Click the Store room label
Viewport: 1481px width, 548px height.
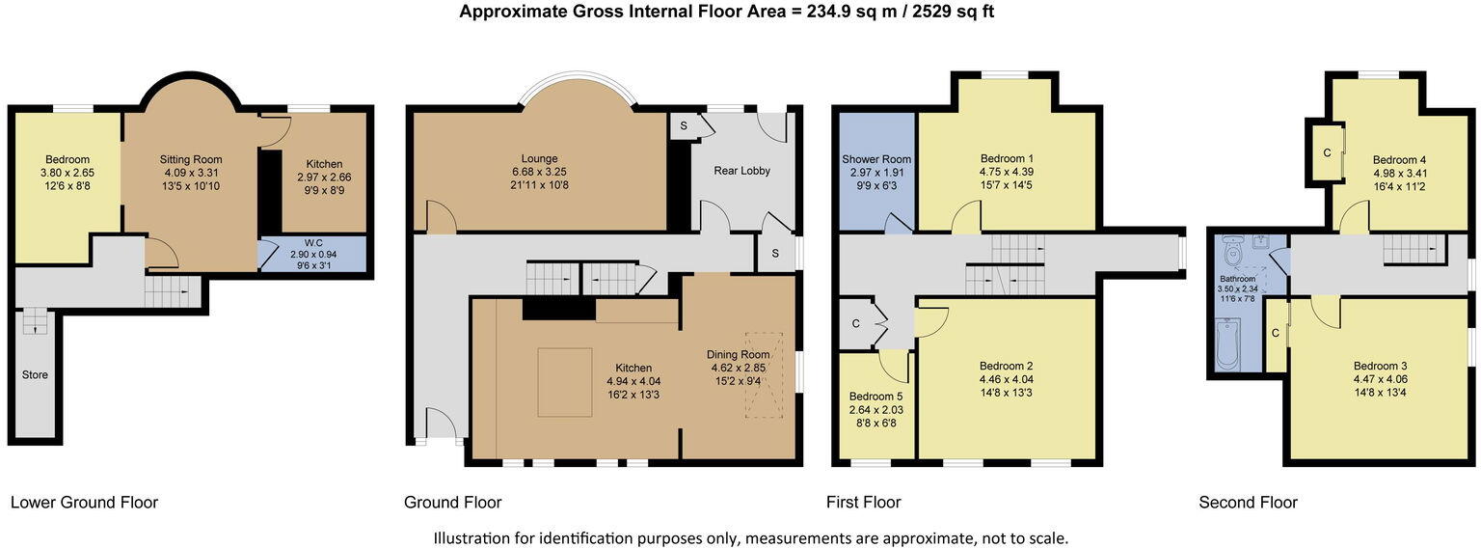click(35, 374)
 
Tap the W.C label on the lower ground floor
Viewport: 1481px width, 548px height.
click(313, 243)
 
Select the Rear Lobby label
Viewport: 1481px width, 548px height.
click(741, 171)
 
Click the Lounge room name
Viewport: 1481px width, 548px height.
click(540, 159)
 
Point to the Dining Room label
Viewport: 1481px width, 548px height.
click(739, 355)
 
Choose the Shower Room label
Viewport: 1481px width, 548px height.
click(876, 159)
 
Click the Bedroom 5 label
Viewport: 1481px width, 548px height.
click(876, 397)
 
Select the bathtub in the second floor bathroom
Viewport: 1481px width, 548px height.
click(1227, 343)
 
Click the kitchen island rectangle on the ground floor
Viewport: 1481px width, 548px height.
click(565, 382)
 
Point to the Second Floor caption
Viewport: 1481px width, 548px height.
click(1249, 503)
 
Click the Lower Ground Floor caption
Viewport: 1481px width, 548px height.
click(84, 503)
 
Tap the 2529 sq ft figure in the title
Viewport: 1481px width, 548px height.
click(953, 12)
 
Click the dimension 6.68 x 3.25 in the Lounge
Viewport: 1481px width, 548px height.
click(540, 172)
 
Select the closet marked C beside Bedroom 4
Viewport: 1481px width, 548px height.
click(1327, 152)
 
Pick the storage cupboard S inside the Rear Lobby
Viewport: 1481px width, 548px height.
click(683, 125)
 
